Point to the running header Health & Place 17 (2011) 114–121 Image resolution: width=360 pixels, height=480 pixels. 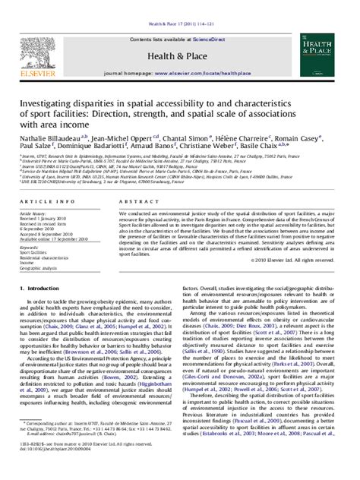tap(179, 6)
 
